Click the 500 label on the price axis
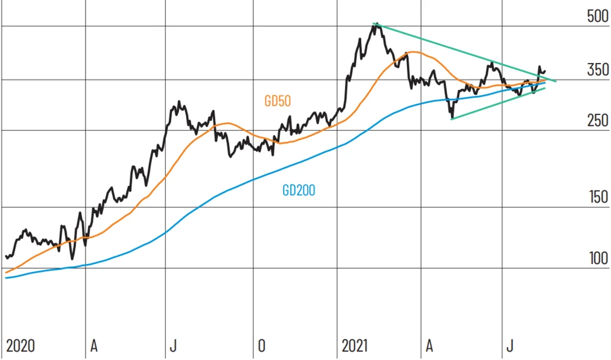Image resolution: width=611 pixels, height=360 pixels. coord(597,17)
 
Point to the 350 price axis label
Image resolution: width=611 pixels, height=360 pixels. coord(597,70)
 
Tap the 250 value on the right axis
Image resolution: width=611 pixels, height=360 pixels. coord(597,120)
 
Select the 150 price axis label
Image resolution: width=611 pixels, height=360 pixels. coord(597,197)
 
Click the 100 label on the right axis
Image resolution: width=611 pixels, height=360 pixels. coord(597,258)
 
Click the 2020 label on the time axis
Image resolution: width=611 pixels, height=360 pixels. coord(20,346)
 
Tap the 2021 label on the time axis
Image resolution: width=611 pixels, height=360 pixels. coord(355,346)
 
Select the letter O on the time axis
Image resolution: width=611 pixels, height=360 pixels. coord(262,346)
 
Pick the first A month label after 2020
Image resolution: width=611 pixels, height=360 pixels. coord(93,346)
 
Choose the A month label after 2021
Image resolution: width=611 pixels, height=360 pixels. coord(429,346)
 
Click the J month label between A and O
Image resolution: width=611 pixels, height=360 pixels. coord(173,346)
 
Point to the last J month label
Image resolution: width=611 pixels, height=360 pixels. coord(509,346)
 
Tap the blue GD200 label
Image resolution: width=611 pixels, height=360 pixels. coord(299,191)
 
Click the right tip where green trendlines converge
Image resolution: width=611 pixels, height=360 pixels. coord(556,81)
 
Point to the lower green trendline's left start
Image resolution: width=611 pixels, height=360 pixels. coord(451,119)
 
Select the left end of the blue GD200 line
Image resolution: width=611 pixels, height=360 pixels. coord(5,277)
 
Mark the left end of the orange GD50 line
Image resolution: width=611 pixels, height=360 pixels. coord(5,273)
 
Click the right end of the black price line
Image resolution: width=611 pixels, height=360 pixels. coord(545,71)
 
